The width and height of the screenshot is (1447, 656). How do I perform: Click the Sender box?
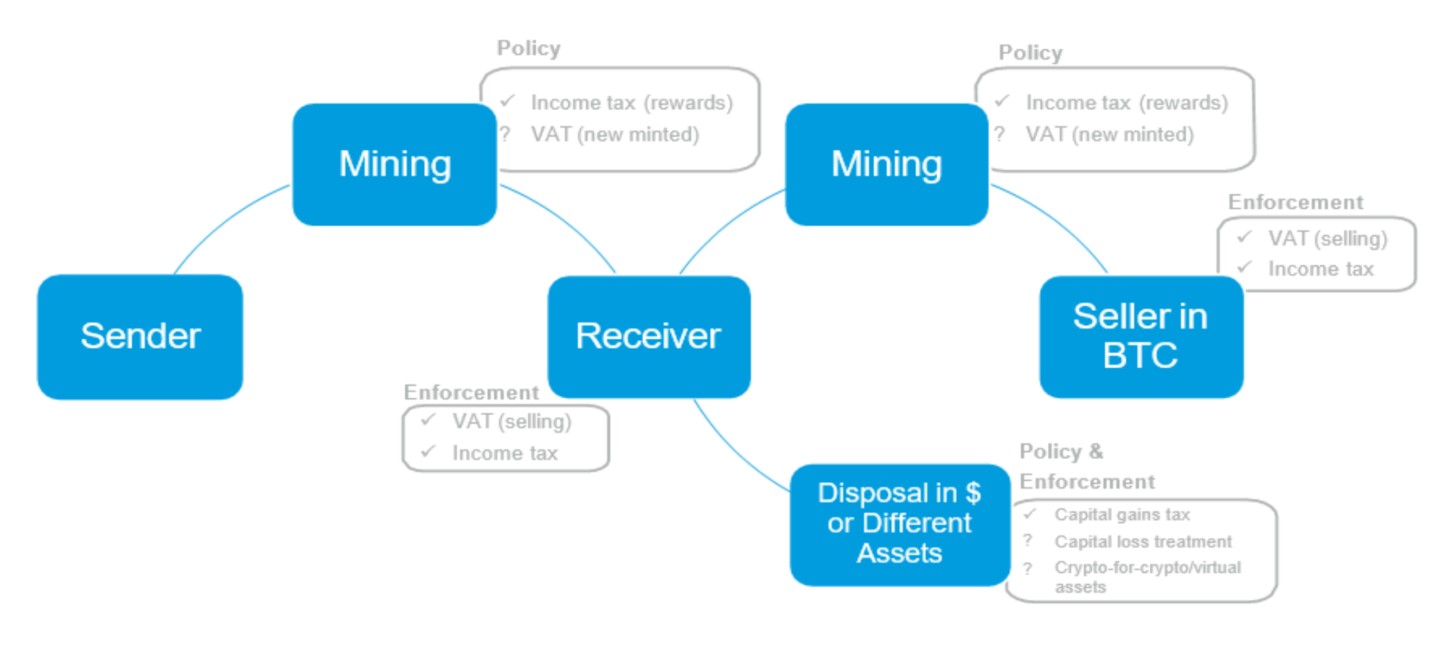coord(140,336)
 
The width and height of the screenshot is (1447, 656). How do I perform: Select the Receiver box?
coord(649,336)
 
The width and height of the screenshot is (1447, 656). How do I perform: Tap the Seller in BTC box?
coord(1141,336)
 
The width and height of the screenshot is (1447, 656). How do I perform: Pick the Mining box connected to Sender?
coord(395,164)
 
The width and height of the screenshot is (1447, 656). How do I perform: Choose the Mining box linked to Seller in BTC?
coord(886,164)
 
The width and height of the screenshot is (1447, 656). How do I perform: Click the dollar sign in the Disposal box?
coord(973,492)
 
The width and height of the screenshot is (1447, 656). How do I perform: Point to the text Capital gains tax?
coord(1122,515)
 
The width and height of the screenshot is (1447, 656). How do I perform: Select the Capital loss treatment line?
coord(1143,542)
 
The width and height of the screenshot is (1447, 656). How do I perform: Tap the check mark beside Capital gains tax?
coord(1030,514)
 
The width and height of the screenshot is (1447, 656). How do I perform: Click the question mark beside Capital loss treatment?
coord(1028,540)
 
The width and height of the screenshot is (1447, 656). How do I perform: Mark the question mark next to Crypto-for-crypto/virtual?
coord(1028,568)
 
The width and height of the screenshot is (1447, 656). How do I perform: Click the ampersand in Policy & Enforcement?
coord(1096,451)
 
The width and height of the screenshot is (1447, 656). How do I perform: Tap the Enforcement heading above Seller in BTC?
coord(1296,202)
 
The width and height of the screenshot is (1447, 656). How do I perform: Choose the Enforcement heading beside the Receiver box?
coord(471,393)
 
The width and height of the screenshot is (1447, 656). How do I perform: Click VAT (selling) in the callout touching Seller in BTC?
coord(1327,238)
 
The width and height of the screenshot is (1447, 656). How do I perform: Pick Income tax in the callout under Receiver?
coord(505,454)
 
